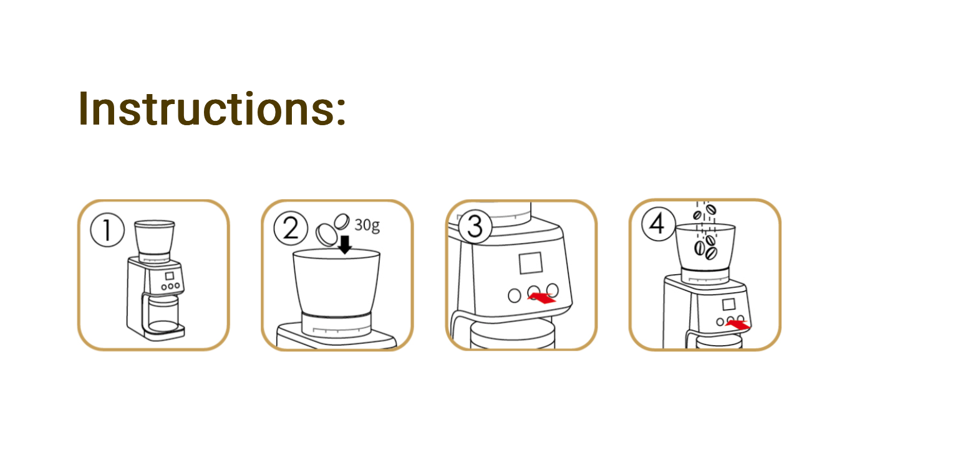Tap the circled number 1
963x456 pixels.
(x=107, y=230)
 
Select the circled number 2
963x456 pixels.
(x=291, y=228)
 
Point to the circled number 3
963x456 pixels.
(x=475, y=227)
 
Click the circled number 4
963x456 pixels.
(x=658, y=224)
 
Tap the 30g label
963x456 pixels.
(x=367, y=224)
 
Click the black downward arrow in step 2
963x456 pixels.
(x=345, y=244)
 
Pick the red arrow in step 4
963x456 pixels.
(x=738, y=325)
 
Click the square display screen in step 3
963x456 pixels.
(x=531, y=263)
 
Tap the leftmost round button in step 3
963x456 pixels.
(x=514, y=295)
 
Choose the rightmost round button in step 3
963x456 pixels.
(x=553, y=291)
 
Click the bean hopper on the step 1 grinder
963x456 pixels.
(x=154, y=240)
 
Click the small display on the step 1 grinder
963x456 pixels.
(x=170, y=276)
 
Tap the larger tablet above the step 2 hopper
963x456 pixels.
(x=327, y=234)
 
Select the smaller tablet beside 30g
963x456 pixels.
(x=342, y=222)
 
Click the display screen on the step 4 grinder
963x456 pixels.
(x=728, y=305)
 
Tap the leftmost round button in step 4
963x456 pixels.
(x=720, y=321)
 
